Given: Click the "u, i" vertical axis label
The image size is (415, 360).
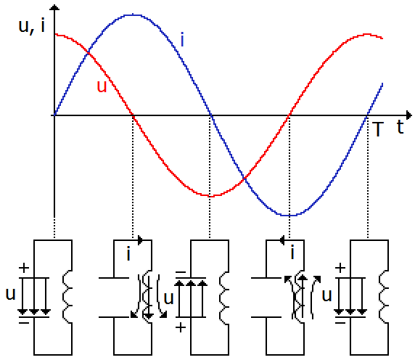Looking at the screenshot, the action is pyautogui.click(x=31, y=26).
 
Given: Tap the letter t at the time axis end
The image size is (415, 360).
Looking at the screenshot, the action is pyautogui.click(x=400, y=127).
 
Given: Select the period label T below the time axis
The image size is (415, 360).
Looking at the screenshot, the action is pyautogui.click(x=378, y=129).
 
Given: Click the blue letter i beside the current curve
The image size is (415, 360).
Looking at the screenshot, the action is pyautogui.click(x=182, y=39).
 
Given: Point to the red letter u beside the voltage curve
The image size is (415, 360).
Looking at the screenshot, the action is pyautogui.click(x=102, y=86).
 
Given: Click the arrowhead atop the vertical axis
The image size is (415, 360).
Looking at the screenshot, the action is pyautogui.click(x=54, y=7).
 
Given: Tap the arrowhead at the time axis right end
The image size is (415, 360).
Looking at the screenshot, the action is pyautogui.click(x=409, y=115).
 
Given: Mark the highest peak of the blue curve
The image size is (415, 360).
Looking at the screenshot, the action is pyautogui.click(x=132, y=15).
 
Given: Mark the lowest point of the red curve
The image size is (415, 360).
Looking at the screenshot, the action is pyautogui.click(x=210, y=196).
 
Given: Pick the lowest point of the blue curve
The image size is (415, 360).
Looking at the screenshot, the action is pyautogui.click(x=289, y=216).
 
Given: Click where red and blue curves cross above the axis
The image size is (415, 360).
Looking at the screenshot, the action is pyautogui.click(x=88, y=54).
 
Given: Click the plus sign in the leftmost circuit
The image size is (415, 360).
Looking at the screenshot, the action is pyautogui.click(x=24, y=268).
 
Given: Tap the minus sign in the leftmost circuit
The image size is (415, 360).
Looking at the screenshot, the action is pyautogui.click(x=24, y=323).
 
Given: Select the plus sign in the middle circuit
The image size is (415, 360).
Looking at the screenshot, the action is pyautogui.click(x=181, y=328).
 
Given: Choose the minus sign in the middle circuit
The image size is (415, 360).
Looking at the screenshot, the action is pyautogui.click(x=181, y=272).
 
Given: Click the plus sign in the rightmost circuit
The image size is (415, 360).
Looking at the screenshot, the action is pyautogui.click(x=340, y=268).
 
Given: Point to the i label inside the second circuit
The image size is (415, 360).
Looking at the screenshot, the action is pyautogui.click(x=128, y=253).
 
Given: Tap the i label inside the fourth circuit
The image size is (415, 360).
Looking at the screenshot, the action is pyautogui.click(x=292, y=253).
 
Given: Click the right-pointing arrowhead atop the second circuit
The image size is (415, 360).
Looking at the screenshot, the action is pyautogui.click(x=141, y=240).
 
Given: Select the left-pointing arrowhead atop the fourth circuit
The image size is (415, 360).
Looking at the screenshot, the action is pyautogui.click(x=282, y=240).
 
